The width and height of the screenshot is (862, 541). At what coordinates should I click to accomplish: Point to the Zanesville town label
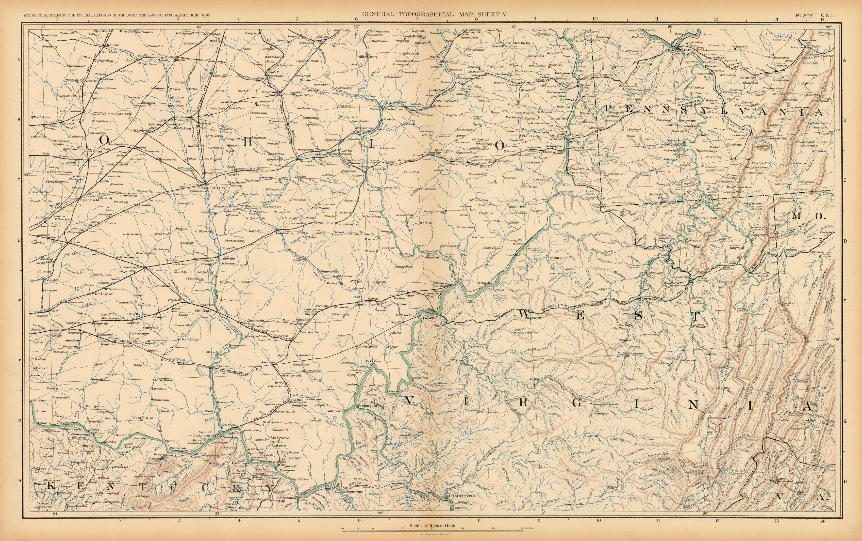tap(378, 173)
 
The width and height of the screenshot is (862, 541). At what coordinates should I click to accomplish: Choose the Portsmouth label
tap(203, 435)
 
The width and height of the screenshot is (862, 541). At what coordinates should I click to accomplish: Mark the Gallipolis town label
tap(335, 411)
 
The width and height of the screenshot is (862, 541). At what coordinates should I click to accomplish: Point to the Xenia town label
tap(75, 242)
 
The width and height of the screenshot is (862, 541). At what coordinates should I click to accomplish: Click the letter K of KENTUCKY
tap(50, 487)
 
